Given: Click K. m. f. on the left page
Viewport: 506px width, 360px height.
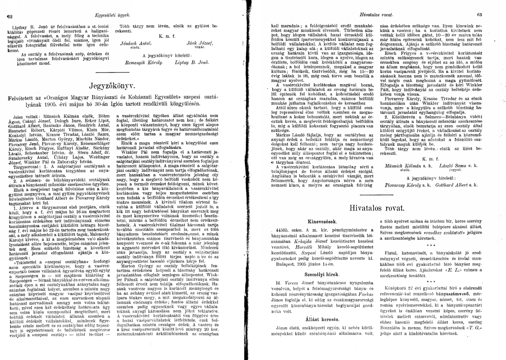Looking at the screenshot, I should pyautogui.click(x=165, y=33).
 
